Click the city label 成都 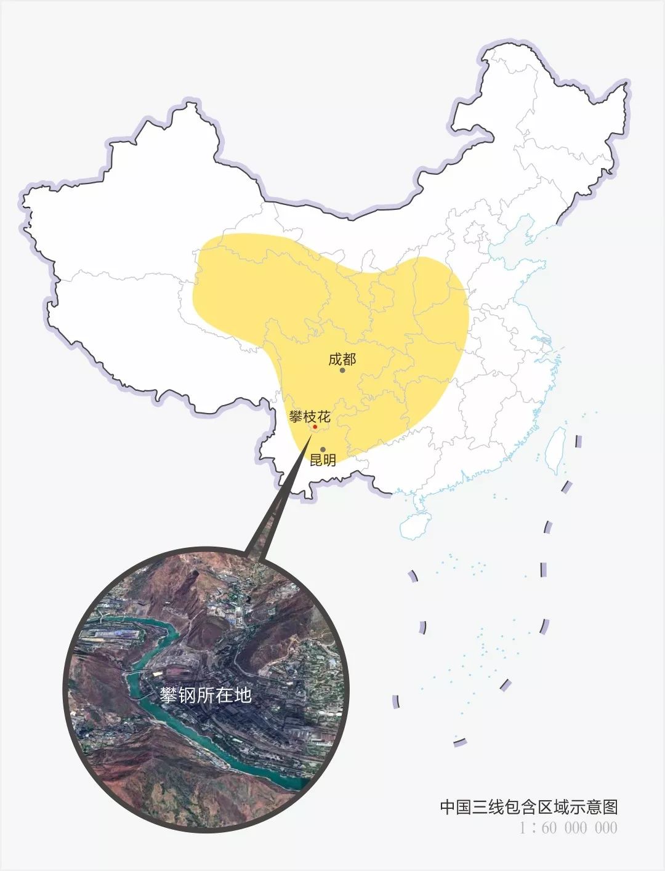click(342, 359)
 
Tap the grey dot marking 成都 click(342, 371)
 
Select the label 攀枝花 click(310, 417)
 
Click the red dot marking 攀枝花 click(315, 427)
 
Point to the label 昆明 click(323, 460)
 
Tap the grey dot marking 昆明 click(323, 449)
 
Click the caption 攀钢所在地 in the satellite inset click(206, 695)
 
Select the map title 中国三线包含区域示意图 click(528, 806)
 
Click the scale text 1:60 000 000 click(568, 828)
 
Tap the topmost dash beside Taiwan click(578, 441)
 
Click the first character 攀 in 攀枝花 click(296, 417)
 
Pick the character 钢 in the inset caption click(187, 695)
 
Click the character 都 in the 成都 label click(349, 359)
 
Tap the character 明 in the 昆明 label click(329, 460)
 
